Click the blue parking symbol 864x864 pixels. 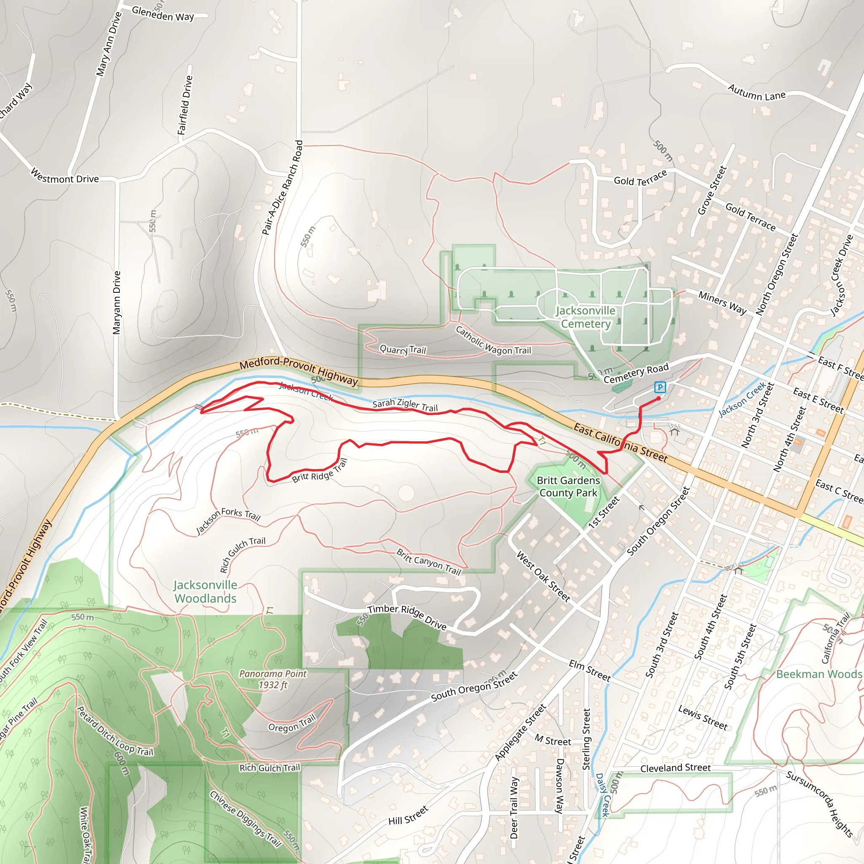pos(660,387)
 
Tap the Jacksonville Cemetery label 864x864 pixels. pos(586,317)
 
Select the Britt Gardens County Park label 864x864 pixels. pos(568,486)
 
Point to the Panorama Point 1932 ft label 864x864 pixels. pos(273,679)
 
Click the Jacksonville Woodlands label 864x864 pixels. pos(205,591)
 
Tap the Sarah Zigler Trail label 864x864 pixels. pos(405,405)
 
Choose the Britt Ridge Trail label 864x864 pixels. pos(320,470)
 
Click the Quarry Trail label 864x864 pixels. pos(402,349)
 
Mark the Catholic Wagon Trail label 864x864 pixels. pos(493,341)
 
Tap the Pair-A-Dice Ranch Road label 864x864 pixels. pos(282,188)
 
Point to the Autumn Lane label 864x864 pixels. pos(756,92)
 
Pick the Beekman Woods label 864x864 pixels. pos(819,674)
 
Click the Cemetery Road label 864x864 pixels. pos(636,373)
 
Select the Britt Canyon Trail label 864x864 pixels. pos(429,561)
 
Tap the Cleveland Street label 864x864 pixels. pos(675,768)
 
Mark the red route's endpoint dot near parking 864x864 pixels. pos(658,398)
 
